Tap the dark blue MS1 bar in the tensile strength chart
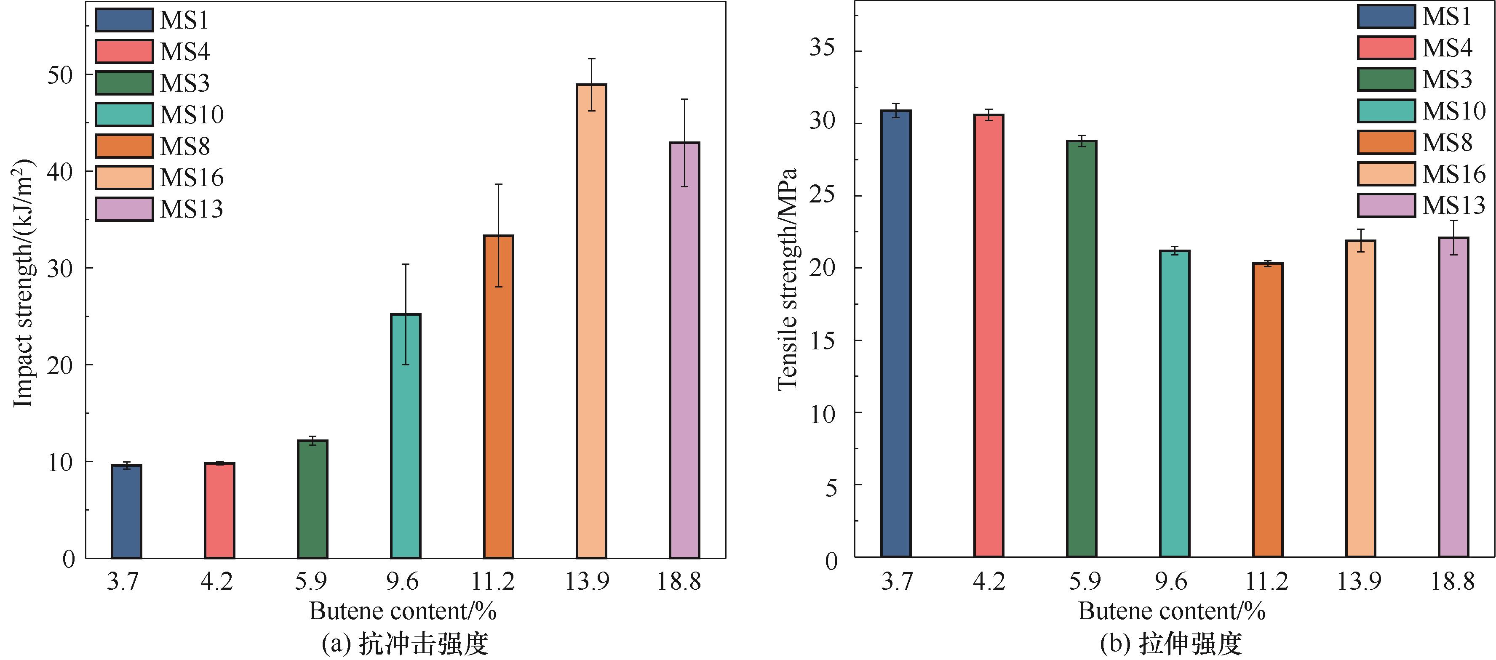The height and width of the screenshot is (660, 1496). coord(895,334)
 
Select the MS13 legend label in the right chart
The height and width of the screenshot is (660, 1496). coord(1453,205)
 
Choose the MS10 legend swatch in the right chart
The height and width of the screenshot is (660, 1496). coord(1386,111)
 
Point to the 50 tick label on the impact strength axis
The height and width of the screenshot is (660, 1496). coord(61,75)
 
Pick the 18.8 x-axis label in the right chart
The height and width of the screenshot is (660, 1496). coord(1452,581)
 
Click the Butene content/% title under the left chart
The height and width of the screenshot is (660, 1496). coord(403,611)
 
